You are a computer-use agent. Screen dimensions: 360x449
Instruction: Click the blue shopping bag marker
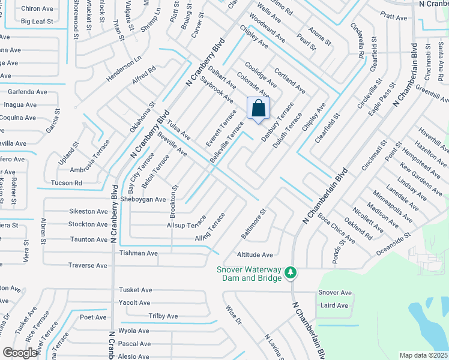pos(259,109)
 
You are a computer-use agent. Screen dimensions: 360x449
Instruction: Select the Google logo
pos(20,353)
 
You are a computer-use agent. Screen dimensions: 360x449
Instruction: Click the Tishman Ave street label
pos(138,253)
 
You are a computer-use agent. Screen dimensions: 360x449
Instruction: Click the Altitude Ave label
pos(255,254)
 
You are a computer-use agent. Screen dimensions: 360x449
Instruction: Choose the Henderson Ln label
pos(124,70)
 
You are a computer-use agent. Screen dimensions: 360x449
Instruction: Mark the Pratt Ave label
pos(394,17)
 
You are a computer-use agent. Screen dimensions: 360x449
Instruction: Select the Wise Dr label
pos(233,316)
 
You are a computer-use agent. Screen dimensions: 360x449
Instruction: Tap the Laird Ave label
pos(334,305)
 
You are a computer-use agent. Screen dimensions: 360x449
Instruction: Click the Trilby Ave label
pos(163,316)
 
